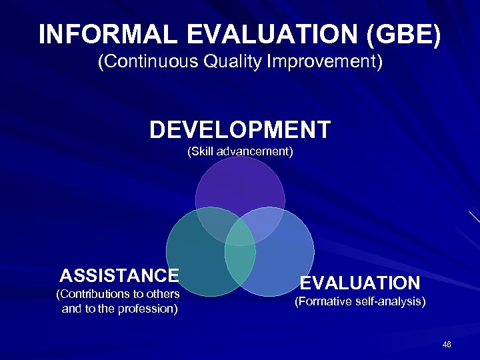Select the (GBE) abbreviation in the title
click(407, 35)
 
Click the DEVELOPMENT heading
click(240, 129)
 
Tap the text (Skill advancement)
click(240, 151)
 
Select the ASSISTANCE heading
click(119, 275)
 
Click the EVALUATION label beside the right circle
click(360, 283)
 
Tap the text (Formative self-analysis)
click(360, 302)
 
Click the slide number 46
click(447, 344)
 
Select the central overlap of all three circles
click(240, 230)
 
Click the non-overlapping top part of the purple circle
click(240, 183)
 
